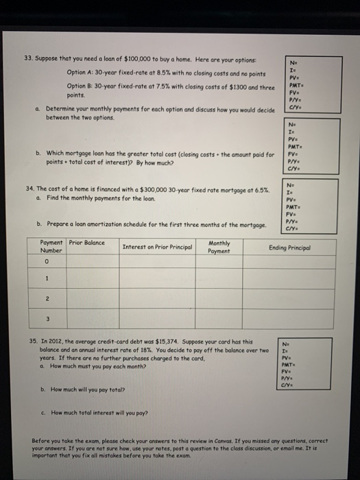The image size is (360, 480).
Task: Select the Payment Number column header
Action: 52,247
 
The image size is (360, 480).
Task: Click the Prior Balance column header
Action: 87,243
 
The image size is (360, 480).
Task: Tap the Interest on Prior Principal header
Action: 157,247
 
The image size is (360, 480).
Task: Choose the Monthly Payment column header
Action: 219,247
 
